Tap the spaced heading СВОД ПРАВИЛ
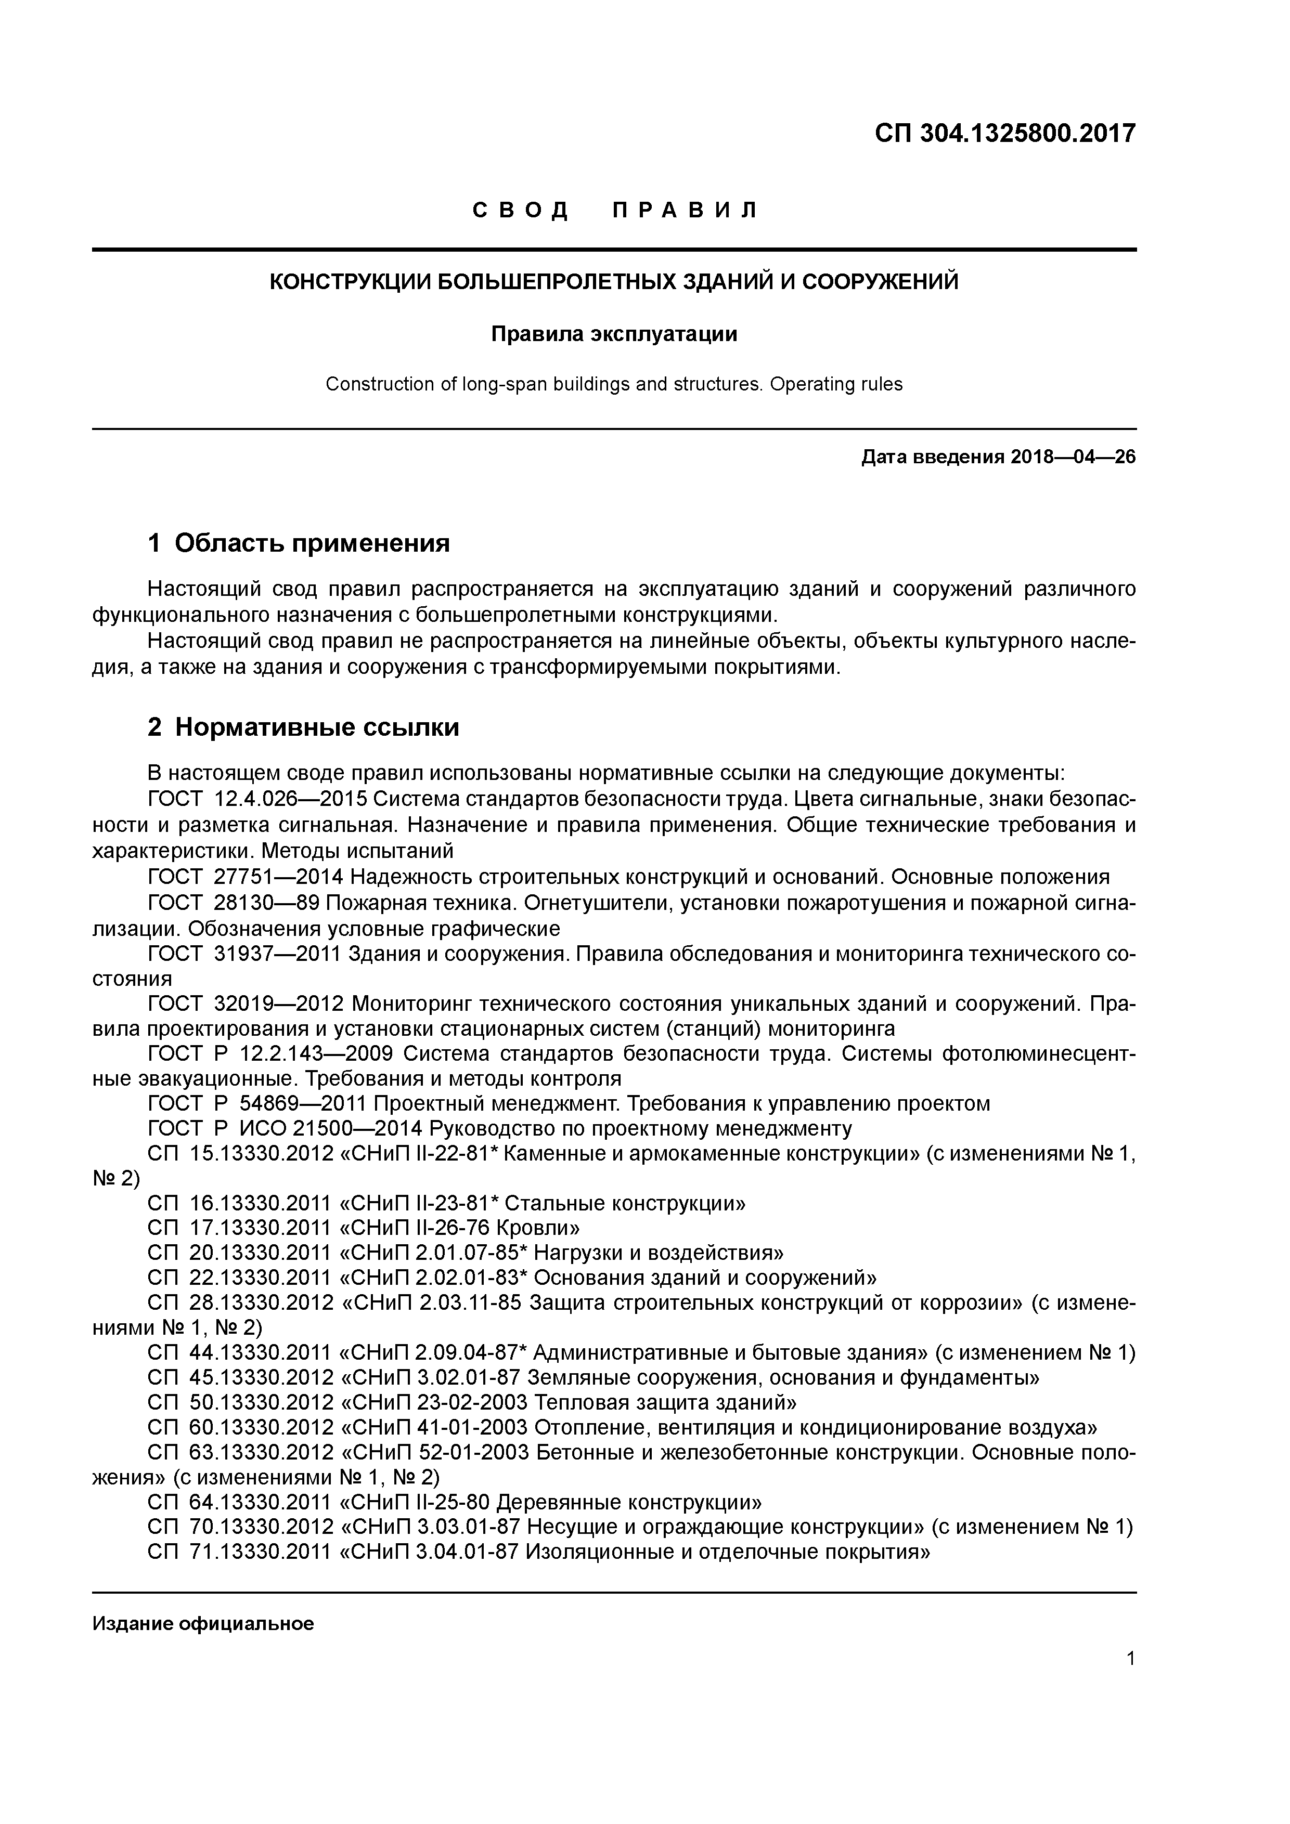[616, 211]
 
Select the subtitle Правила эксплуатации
[614, 334]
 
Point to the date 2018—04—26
[1073, 458]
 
